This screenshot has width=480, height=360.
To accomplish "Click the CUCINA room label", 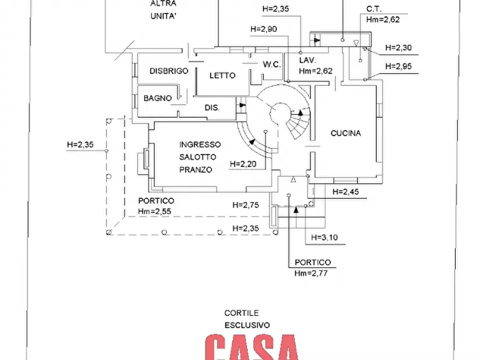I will [x=346, y=133].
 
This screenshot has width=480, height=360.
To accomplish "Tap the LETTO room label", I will [x=222, y=76].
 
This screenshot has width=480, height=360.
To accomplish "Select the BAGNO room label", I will [x=157, y=98].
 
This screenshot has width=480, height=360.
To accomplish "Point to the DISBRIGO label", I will [x=169, y=71].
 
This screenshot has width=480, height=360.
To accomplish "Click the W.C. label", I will [x=271, y=64].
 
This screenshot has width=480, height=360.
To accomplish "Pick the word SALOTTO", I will [x=198, y=157].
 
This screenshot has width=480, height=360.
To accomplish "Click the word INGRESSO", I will [x=200, y=145].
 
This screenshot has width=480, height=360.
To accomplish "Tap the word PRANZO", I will [x=196, y=169].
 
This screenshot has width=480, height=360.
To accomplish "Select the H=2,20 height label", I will [x=242, y=164].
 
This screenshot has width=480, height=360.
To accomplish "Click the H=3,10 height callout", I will [x=325, y=237].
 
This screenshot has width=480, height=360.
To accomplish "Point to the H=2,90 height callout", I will [x=264, y=29].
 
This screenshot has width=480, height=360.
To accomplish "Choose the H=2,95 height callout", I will [x=398, y=66].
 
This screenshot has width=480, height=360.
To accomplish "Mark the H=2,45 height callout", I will [x=346, y=191].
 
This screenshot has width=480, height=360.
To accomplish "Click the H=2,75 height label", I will [x=246, y=205].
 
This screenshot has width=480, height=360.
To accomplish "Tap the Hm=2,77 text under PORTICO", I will [x=311, y=273].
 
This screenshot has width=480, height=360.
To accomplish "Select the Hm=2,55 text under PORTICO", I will [x=155, y=211].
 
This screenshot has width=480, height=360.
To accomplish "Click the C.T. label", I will [x=374, y=9].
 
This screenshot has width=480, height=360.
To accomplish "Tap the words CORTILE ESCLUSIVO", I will [x=247, y=319].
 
